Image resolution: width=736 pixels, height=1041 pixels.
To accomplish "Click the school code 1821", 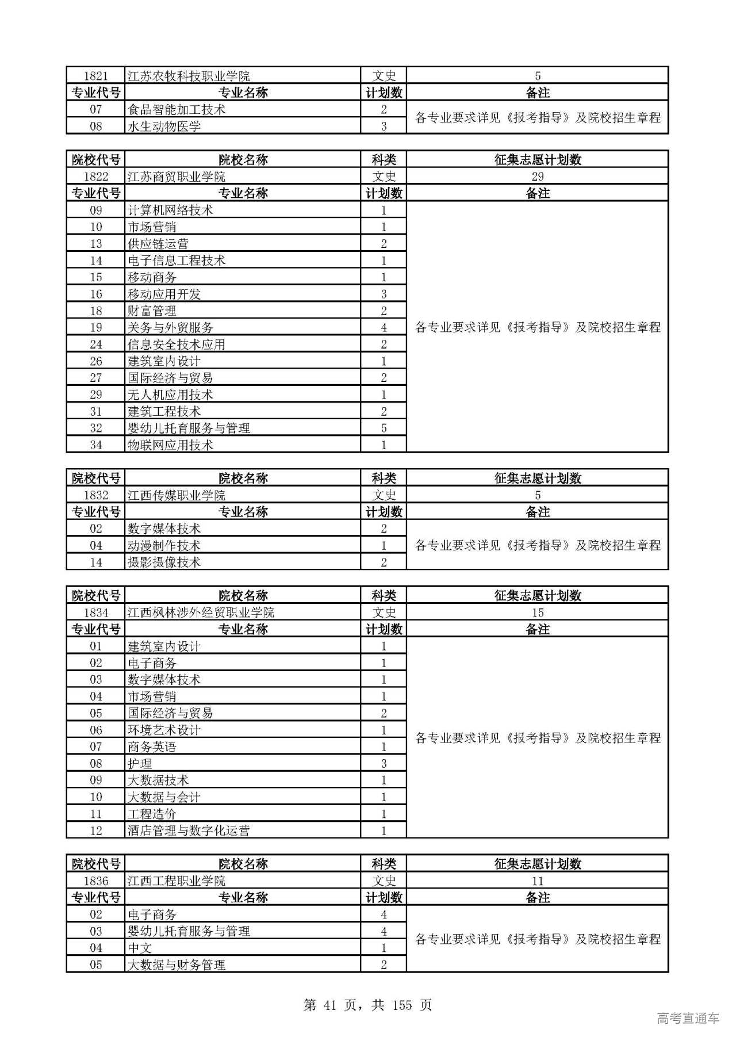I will tap(95, 76).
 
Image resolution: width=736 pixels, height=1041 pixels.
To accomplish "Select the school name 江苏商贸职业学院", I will tap(176, 177).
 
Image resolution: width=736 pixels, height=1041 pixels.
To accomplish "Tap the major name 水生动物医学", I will tap(164, 127).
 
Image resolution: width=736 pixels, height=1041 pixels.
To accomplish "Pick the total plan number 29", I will tap(537, 177).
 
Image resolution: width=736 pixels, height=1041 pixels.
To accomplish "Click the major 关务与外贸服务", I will tap(170, 328).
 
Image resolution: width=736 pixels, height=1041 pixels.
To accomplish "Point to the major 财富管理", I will tap(152, 311).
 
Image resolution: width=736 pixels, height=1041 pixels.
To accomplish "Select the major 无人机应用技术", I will tap(170, 395).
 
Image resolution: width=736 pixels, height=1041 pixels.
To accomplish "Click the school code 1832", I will tap(95, 495).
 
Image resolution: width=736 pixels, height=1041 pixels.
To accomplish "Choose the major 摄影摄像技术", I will tap(164, 562).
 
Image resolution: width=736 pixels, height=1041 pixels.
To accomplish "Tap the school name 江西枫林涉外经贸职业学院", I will tap(201, 613).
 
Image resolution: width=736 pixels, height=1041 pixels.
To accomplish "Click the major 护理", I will tap(140, 764).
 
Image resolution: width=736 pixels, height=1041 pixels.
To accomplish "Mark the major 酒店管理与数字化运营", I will tap(189, 830).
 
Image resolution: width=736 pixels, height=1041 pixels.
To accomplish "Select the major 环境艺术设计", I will tap(164, 730).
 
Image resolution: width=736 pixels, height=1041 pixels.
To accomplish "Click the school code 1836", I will tap(95, 881).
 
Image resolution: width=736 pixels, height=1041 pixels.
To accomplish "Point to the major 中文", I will tap(140, 948).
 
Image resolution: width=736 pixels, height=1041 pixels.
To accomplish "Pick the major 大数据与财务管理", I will tap(176, 965).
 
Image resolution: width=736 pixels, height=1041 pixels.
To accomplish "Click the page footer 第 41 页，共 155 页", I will tap(367, 1005).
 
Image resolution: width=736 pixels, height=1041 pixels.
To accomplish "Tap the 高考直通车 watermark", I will tap(688, 1018).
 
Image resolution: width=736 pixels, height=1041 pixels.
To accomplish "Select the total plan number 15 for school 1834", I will tap(537, 613).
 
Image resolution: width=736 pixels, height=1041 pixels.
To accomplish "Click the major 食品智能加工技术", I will tap(176, 110).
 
